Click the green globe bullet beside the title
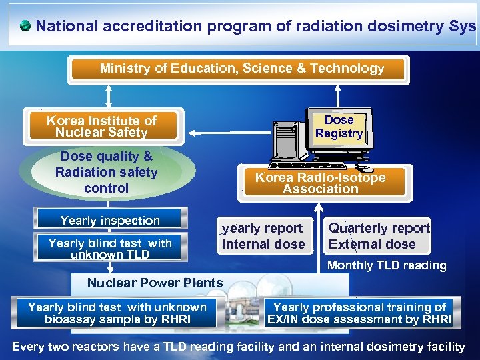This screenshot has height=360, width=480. coord(25,26)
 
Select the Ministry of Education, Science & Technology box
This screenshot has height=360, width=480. coord(241,69)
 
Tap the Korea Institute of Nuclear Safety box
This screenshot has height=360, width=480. coord(101,126)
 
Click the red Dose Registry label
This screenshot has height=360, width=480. coord(339,127)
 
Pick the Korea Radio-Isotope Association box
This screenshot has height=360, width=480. coord(320,183)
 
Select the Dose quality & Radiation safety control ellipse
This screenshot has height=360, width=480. coord(107,173)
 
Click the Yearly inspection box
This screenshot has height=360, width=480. coord(110,221)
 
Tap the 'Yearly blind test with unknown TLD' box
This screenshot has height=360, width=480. coord(110,248)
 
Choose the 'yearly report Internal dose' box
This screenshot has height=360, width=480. coord(263,236)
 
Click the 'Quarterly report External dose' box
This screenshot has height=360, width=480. coord(379,236)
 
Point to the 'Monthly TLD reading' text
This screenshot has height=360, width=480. coord(387,265)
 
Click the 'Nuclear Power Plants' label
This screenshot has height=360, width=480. coord(155,283)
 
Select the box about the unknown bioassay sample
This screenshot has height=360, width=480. coord(117,313)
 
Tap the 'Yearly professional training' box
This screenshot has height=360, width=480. coord(359,313)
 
